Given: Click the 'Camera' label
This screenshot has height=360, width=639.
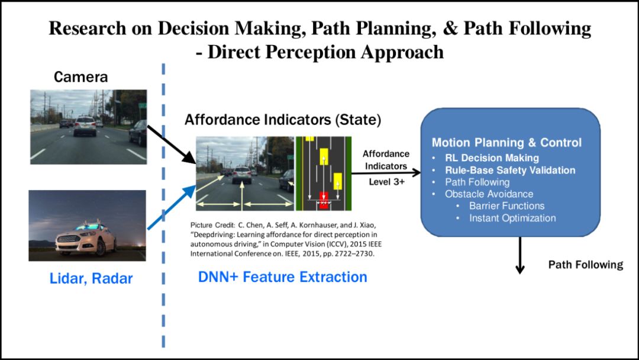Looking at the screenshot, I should coord(81,76).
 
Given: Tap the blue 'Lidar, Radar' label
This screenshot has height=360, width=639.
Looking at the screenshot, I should coord(91,278).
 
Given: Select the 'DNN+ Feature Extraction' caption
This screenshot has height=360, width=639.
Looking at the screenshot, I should coord(283,277).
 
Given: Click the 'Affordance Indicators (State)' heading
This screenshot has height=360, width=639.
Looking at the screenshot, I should coord(283,120).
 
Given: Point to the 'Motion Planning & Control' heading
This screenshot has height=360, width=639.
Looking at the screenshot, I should coord(506,143).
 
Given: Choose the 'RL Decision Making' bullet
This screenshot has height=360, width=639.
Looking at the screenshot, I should coord(492,158).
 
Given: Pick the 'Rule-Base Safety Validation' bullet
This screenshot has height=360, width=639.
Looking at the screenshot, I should coord(510,170).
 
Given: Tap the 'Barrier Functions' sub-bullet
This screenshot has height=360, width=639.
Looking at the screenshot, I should coord(506,206).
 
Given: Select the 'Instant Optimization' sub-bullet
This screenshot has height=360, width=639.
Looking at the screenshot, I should coord(512,218).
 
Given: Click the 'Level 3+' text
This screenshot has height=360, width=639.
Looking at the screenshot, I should coord(386,182).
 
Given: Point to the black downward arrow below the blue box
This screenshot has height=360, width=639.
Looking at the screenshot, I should coord(520,255).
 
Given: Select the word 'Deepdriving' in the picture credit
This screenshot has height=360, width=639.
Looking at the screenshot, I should coord(214,234).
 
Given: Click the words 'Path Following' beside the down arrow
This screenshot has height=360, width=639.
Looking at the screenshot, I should coord(585,264).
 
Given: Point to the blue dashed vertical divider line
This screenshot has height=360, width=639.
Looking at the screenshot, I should coord(163,207).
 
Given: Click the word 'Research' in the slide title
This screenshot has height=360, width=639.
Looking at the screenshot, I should coord(88,28).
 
